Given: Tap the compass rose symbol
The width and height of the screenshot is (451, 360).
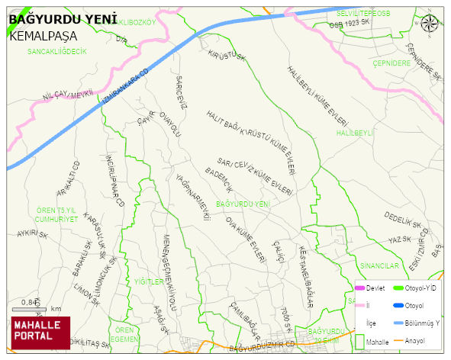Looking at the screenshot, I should coord(430,22).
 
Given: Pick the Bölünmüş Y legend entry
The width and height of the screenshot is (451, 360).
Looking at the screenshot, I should coord(420,323).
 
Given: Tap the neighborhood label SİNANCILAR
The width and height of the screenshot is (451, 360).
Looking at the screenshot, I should coord(379,265).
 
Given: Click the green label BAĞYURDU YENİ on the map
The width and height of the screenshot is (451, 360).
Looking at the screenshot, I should coord(243,204).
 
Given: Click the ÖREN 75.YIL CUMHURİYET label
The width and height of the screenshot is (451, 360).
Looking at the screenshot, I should coord(57,214).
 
